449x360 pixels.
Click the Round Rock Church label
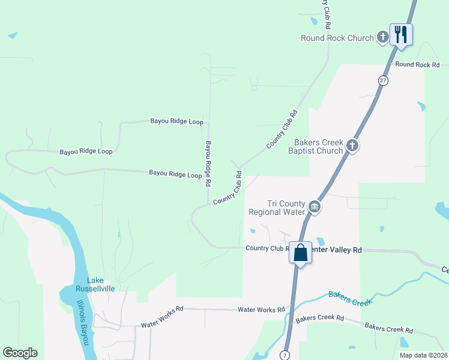337,38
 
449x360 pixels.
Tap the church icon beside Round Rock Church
383,37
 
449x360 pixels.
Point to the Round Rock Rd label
417,65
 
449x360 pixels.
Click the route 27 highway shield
383,80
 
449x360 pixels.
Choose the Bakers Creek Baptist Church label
318,146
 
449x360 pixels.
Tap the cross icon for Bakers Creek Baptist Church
352,145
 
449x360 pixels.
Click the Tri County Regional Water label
277,208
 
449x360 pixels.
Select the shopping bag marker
300,252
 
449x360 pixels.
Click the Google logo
20,353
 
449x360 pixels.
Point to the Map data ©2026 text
423,355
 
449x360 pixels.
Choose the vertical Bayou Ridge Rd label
208,163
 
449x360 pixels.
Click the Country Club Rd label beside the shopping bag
264,248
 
